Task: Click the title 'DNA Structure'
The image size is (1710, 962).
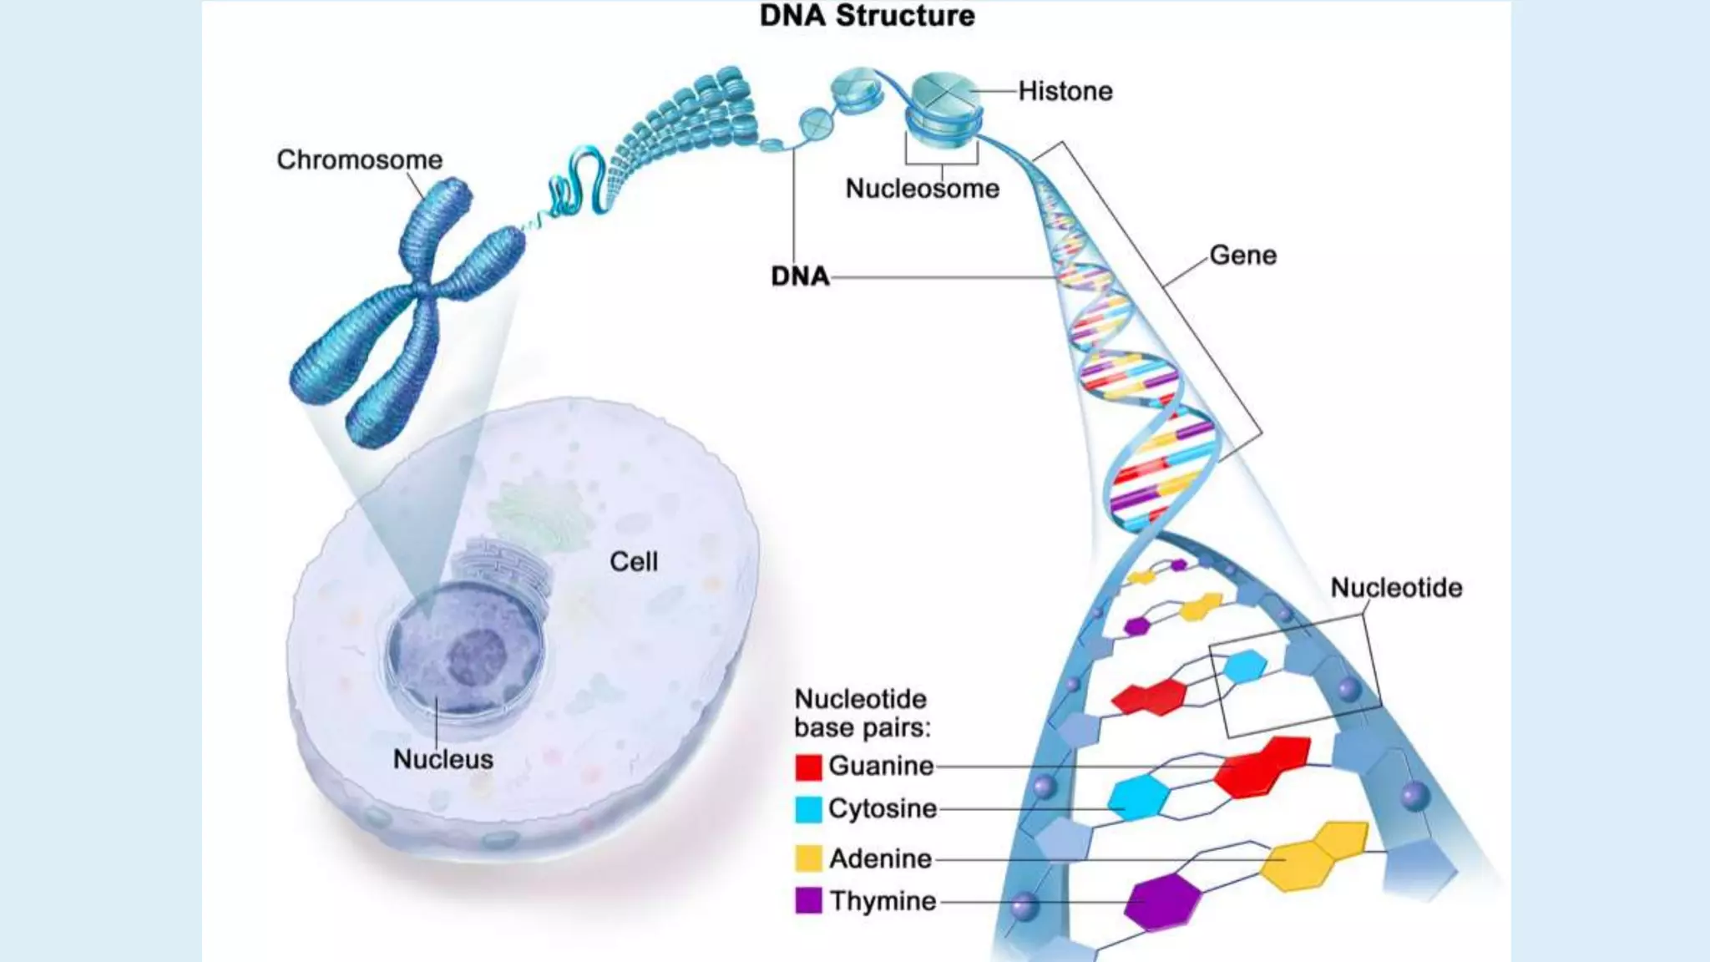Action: coord(867,16)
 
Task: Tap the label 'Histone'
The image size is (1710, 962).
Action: coord(1065,91)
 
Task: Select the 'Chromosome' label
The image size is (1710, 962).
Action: coord(360,159)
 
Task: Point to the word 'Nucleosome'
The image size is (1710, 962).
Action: coord(922,189)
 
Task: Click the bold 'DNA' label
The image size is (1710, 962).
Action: coord(800,276)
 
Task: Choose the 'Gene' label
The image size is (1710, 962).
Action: coord(1242,256)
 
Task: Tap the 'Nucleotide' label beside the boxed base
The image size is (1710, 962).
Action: coord(1396,588)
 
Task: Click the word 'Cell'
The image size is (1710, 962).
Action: coord(634,562)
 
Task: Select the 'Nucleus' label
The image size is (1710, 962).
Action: coord(443,759)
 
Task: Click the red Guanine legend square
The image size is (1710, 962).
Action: coord(808,767)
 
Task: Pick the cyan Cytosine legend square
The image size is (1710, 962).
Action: coord(808,809)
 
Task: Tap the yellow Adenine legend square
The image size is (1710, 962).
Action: coord(808,858)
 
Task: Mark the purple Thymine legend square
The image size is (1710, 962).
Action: coord(808,901)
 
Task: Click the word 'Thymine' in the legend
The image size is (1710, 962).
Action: coord(883,901)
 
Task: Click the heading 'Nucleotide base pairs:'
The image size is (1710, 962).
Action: coord(862,713)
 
